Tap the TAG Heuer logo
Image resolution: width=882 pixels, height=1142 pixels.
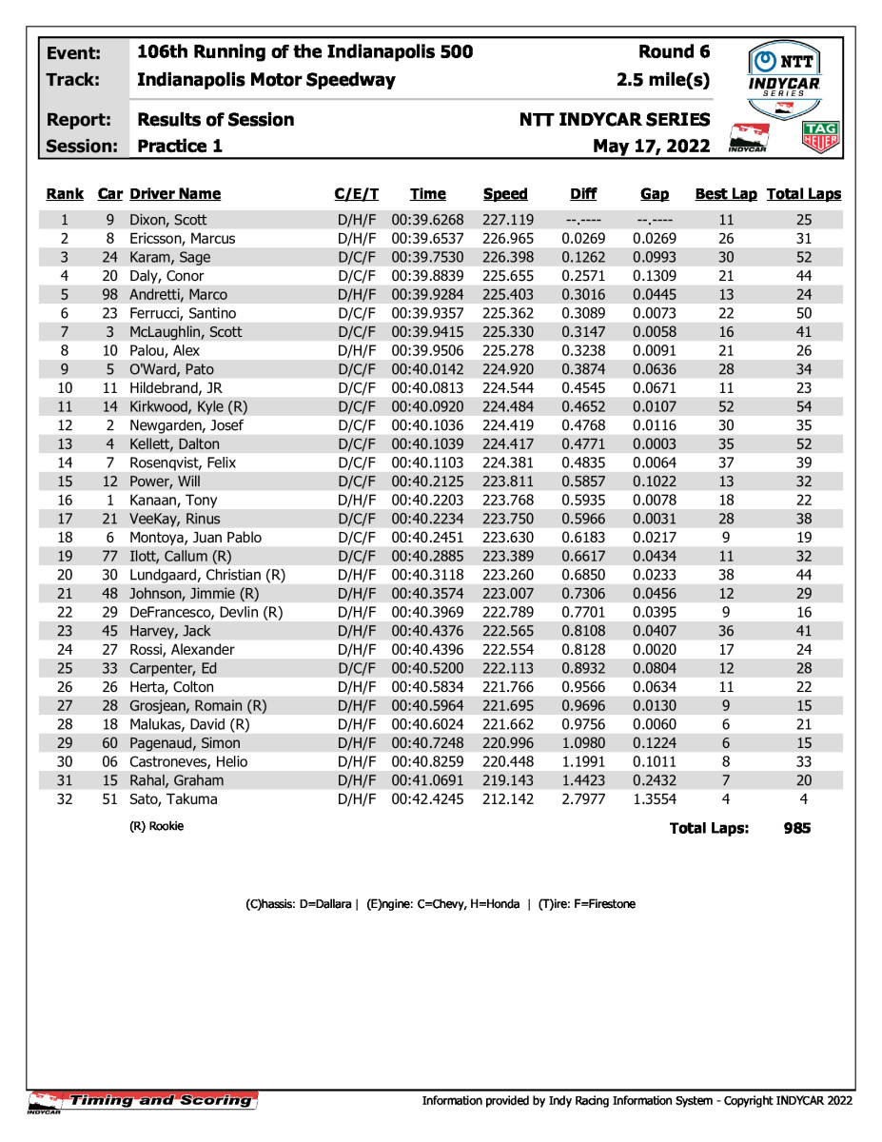click(x=821, y=138)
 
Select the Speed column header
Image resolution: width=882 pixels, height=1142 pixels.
click(x=505, y=194)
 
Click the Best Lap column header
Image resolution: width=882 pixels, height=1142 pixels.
click(x=726, y=194)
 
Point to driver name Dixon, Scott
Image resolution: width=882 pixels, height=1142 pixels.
click(x=168, y=220)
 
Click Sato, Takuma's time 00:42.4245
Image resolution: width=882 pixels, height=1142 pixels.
click(x=428, y=799)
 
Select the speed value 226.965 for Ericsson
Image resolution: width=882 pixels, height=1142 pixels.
click(x=505, y=239)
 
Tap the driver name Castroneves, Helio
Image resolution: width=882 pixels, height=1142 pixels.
click(x=188, y=762)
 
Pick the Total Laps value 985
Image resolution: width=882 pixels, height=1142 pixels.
click(x=797, y=828)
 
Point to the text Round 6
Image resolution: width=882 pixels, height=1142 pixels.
click(x=675, y=52)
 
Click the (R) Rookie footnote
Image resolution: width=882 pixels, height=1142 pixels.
click(x=157, y=827)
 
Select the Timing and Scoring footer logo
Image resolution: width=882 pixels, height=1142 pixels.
click(x=143, y=1101)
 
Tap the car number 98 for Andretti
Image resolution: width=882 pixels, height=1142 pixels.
click(x=109, y=295)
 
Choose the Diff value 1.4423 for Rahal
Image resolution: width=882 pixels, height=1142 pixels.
click(x=583, y=781)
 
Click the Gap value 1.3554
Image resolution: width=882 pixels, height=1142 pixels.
click(x=655, y=799)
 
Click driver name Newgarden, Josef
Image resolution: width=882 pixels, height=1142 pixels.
click(x=186, y=425)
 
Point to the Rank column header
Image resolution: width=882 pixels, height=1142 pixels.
click(x=65, y=194)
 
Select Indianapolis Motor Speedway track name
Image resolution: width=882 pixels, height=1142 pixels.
click(x=266, y=80)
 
